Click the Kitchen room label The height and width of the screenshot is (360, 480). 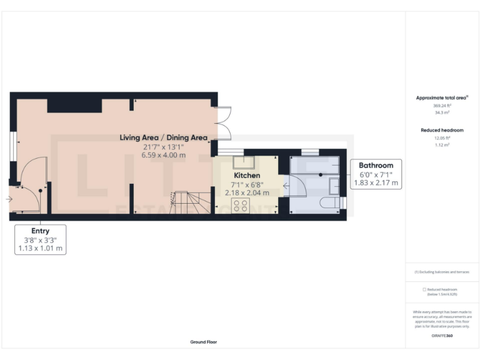point(247,176)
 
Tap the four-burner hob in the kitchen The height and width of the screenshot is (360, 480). point(240,206)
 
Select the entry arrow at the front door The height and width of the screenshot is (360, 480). point(8,199)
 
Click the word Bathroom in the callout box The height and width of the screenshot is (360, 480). point(376,166)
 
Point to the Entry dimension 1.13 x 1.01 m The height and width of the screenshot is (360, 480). point(40,248)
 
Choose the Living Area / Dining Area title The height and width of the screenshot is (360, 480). point(164,137)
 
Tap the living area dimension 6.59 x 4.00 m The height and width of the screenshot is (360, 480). point(164,154)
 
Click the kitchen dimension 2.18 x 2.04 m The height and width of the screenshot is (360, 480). point(247,193)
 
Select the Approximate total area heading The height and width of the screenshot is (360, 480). point(441,98)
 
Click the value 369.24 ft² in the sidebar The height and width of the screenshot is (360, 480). point(442,106)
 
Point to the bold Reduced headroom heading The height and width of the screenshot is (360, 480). point(442,130)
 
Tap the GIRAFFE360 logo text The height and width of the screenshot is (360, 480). point(442,336)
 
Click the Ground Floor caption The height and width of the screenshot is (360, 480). point(204,342)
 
